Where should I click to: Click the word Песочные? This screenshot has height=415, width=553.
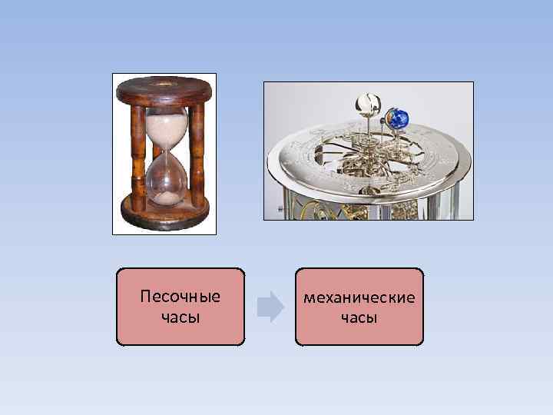coord(180,297)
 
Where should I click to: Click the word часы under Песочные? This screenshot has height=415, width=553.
coord(180,316)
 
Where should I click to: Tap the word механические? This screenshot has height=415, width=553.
coord(359,297)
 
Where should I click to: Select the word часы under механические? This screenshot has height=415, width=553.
coord(359,316)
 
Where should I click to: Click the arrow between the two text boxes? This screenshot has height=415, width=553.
coord(270,306)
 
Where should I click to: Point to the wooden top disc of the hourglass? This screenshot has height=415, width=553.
coord(164,91)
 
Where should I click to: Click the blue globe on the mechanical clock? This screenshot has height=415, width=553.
coord(399,117)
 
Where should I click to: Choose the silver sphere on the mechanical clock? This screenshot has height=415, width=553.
coord(366,104)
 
